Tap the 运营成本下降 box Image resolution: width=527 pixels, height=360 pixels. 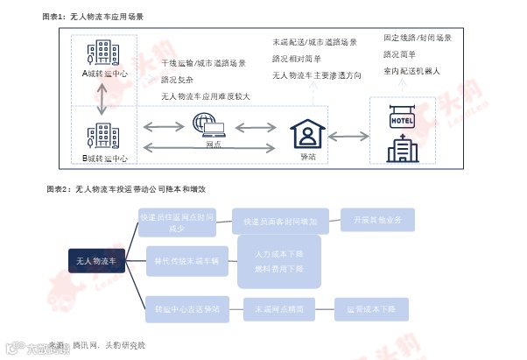(x=371, y=309)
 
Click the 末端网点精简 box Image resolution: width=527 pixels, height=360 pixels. (x=279, y=309)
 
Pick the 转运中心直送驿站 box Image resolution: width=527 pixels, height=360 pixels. (x=186, y=309)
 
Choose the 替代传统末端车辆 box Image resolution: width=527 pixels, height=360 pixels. (x=186, y=260)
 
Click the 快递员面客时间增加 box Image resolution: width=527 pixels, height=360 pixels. (x=279, y=222)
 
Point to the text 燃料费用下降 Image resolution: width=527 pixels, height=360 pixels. (x=278, y=269)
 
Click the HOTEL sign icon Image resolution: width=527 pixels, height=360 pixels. (x=402, y=119)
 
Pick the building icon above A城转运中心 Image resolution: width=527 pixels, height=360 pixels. (x=105, y=52)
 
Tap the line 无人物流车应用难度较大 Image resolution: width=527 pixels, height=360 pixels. (x=205, y=96)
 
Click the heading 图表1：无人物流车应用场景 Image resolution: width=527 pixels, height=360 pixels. (x=94, y=17)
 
